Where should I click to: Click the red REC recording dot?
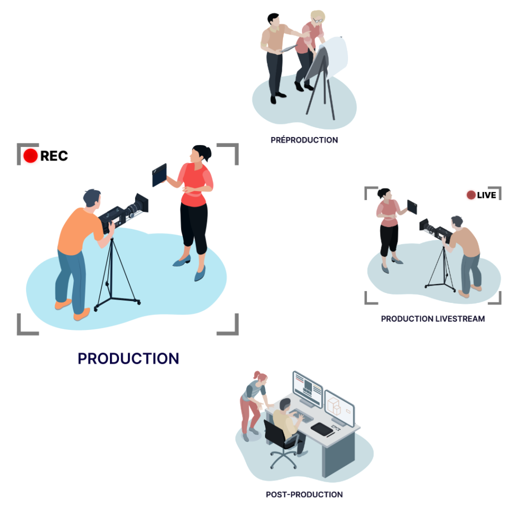[30, 156]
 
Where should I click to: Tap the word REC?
[54, 156]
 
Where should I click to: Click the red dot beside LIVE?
[471, 195]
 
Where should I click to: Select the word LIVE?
[486, 195]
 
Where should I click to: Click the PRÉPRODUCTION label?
[304, 140]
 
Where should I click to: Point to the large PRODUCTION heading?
[128, 358]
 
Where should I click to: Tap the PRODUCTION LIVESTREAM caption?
[433, 318]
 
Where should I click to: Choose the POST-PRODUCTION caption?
[304, 494]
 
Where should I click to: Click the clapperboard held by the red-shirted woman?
[159, 175]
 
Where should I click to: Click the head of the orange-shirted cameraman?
[92, 198]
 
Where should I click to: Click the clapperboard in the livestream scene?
[412, 207]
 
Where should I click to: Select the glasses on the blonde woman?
[317, 20]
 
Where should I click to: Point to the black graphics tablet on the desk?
[322, 428]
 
